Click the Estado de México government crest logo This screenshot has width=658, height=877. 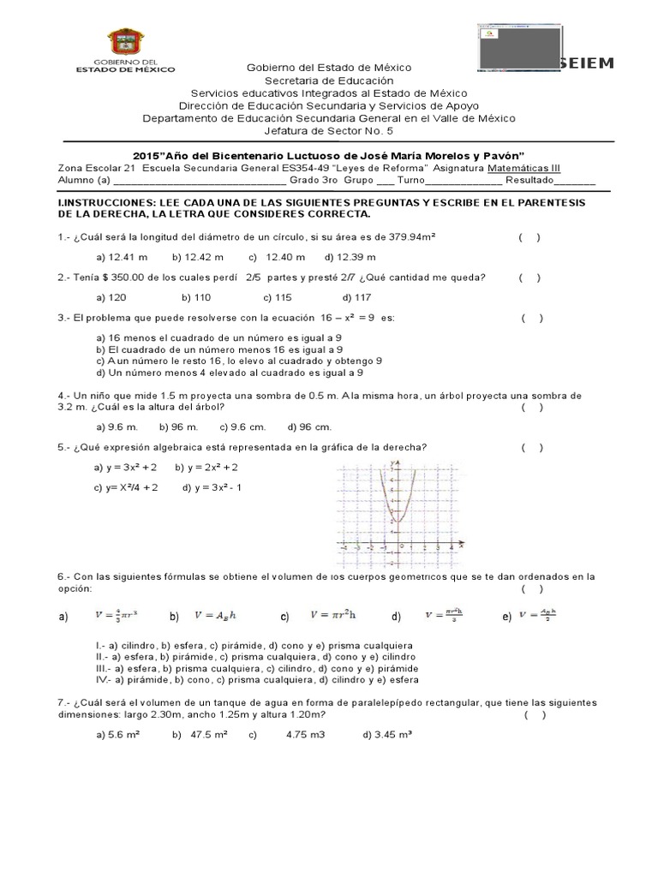tap(125, 44)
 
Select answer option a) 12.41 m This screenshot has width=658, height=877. tap(122, 257)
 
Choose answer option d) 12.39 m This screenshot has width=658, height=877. tap(350, 257)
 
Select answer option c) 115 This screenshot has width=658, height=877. tap(278, 297)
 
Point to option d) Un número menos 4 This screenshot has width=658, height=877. tap(229, 373)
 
